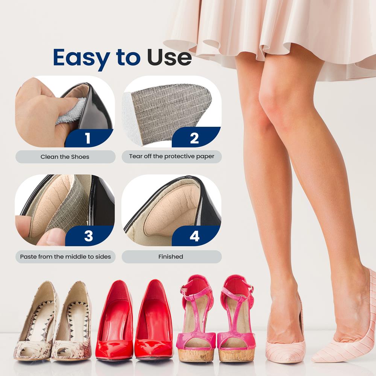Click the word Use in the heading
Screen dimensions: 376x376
tap(169, 58)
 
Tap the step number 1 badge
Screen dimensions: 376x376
tap(88, 138)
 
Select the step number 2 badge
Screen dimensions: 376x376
tap(194, 138)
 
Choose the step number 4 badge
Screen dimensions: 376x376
tap(194, 236)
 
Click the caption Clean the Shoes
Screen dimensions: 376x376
tap(65, 156)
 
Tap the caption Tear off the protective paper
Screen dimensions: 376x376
tap(171, 156)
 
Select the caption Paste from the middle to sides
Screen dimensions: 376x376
tap(65, 256)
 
